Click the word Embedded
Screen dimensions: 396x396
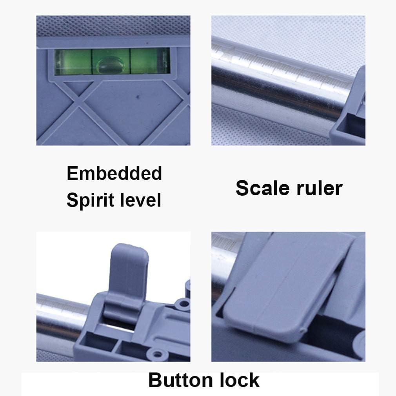coord(114,173)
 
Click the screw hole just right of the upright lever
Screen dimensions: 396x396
coord(183,303)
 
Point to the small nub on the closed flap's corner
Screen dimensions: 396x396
coord(303,330)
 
